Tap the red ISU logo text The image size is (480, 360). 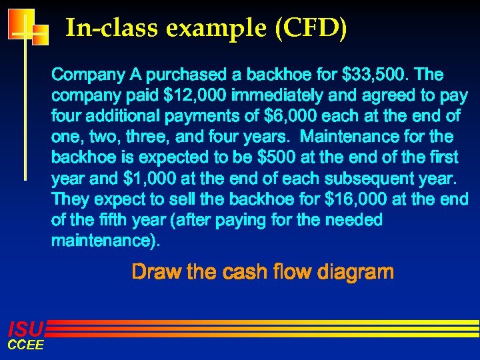[25, 328]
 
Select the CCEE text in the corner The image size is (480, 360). [25, 345]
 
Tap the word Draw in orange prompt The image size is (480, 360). [153, 272]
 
